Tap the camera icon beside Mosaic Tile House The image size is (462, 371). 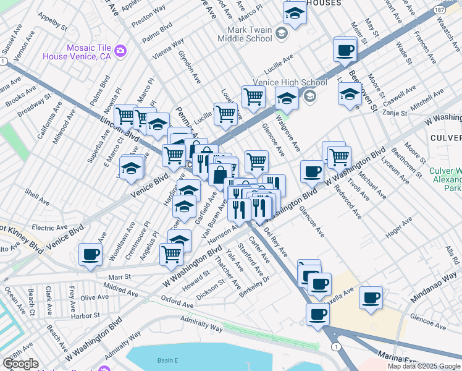click(120, 50)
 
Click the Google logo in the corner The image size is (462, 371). click(20, 364)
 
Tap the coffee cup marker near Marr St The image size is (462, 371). click(90, 255)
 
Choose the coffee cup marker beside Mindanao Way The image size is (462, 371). click(371, 298)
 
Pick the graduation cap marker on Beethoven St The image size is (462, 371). click(350, 94)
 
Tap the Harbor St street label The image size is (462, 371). click(85, 315)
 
